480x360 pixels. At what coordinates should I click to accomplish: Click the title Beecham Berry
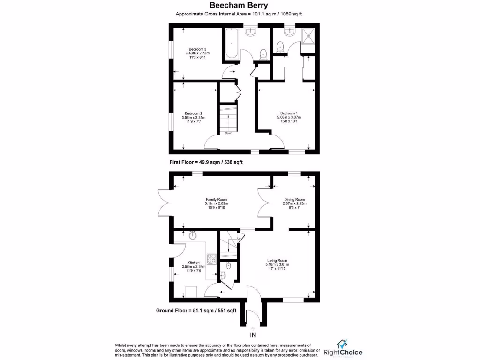pos(239,6)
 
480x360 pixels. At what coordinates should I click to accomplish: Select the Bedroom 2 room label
pos(193,113)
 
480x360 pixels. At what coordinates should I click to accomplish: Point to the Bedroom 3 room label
pos(197,49)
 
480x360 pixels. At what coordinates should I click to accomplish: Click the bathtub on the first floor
pos(232,45)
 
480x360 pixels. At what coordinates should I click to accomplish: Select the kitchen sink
pos(193,235)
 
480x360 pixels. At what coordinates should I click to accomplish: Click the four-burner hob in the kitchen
pos(211,260)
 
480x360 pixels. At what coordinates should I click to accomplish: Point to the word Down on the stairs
pos(228,133)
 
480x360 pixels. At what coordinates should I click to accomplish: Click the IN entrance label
pos(253,335)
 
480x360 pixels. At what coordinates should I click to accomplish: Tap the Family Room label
pos(216,199)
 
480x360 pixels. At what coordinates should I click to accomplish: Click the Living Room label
pos(277,260)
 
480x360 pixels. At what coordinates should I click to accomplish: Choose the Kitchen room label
pos(194,262)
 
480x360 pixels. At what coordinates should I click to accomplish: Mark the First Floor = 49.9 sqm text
pos(206,162)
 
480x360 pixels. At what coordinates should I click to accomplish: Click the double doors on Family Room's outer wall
pos(164,202)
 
